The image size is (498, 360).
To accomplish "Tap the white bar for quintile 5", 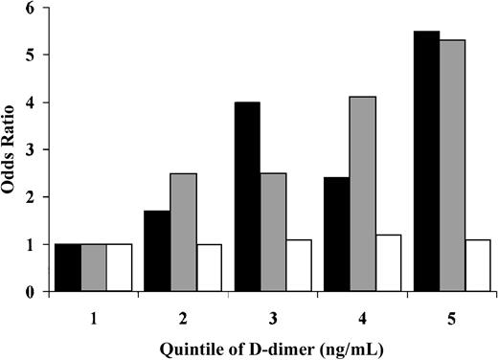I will click(479, 265).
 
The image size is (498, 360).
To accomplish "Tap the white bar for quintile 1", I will click(119, 267).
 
